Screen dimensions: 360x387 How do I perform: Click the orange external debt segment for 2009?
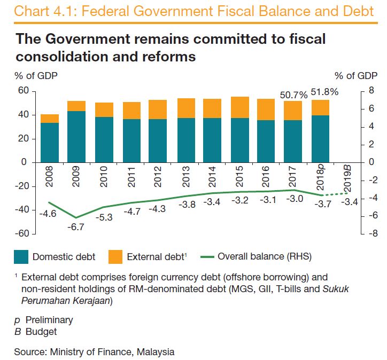click(x=76, y=106)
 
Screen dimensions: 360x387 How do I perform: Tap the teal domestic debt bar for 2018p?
click(x=320, y=138)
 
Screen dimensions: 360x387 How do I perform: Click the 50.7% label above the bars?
click(x=293, y=95)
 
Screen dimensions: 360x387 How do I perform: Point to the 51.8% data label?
click(x=324, y=92)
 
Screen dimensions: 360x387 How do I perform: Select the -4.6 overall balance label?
click(x=48, y=213)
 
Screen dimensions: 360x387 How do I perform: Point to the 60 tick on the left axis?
click(x=22, y=91)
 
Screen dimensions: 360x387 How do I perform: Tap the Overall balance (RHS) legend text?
click(x=264, y=256)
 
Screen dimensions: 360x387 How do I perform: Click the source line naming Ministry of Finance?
click(x=94, y=352)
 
